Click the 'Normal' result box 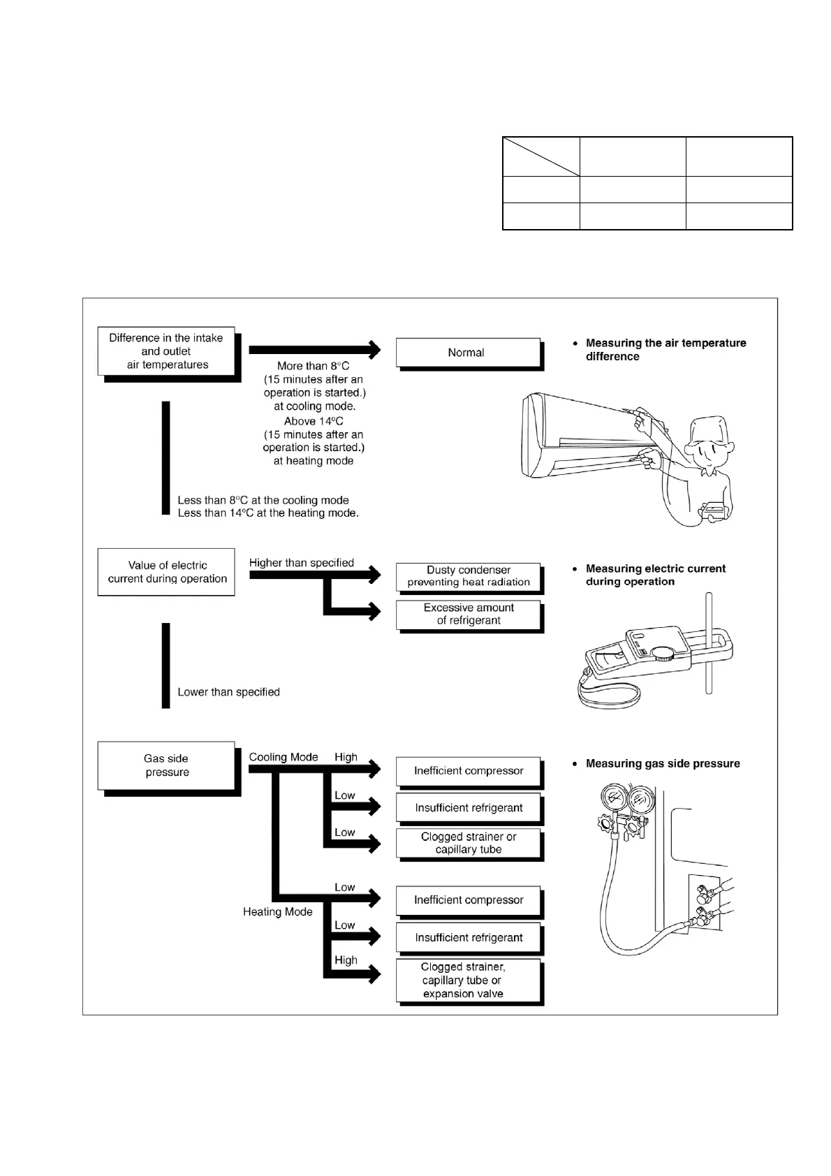[467, 353]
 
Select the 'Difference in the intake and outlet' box [166, 351]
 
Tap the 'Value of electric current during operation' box [166, 572]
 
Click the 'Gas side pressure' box [166, 765]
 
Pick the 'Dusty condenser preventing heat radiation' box [469, 576]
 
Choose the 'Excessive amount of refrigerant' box [469, 614]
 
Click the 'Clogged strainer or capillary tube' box [469, 843]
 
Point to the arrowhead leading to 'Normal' [376, 349]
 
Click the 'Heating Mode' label [277, 912]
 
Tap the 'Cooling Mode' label [283, 757]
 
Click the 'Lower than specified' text [228, 692]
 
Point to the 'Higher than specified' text [301, 563]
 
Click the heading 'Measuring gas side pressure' [662, 764]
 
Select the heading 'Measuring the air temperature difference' [665, 350]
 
